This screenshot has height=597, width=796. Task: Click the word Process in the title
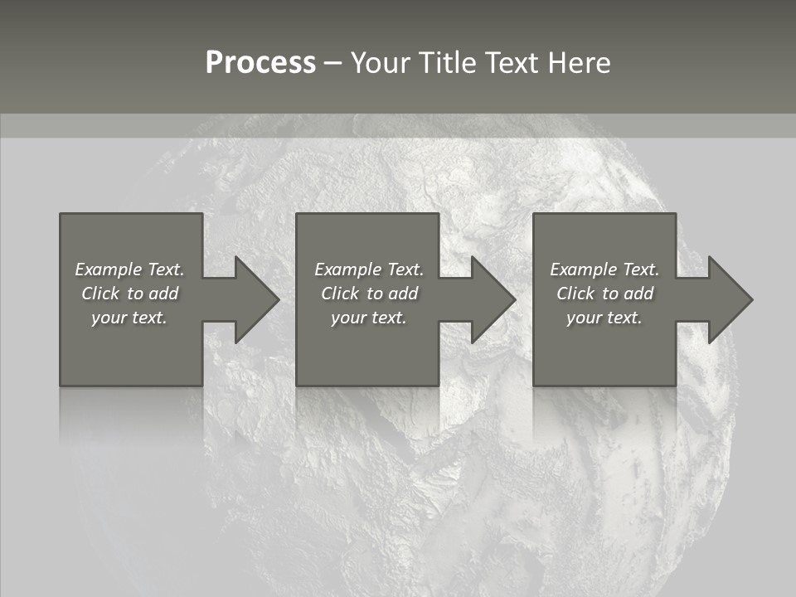point(260,63)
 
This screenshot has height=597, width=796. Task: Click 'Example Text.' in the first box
point(129,269)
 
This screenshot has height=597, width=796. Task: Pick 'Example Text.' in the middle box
point(368,269)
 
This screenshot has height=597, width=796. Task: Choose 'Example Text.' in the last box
point(604,269)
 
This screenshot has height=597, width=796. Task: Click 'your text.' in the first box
point(129,318)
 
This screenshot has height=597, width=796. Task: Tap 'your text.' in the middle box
point(368,318)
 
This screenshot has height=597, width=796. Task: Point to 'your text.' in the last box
point(604,318)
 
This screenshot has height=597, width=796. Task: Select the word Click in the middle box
point(339,294)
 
